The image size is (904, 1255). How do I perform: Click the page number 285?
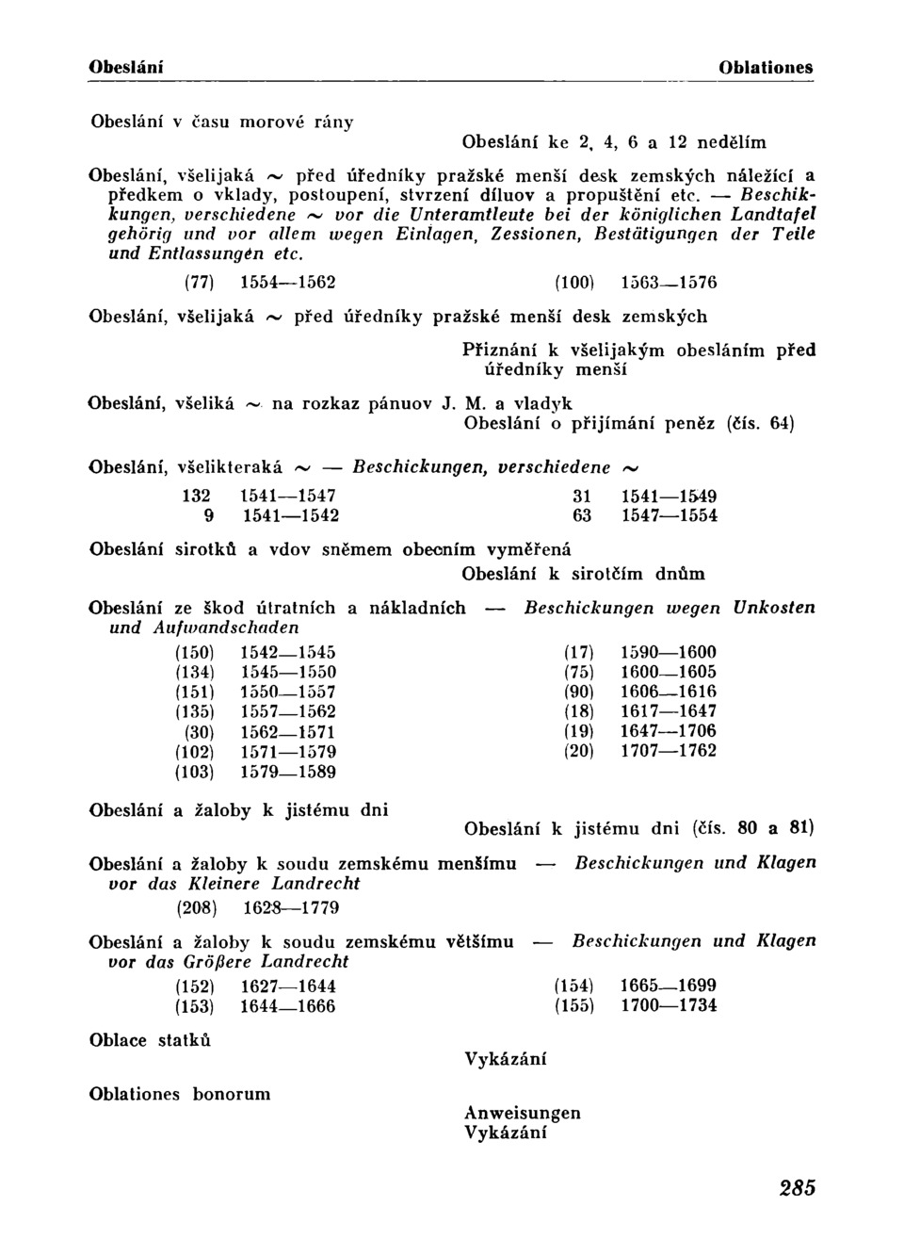pos(797,1188)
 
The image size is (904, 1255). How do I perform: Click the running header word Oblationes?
pos(766,68)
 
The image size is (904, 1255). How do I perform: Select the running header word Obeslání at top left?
pos(126,68)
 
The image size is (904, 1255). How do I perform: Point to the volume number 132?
pos(197,496)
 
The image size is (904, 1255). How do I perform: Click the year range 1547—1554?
pos(670,515)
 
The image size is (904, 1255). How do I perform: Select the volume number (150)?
pos(196,652)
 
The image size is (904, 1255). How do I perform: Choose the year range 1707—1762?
pos(669,751)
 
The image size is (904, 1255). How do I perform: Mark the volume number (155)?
pos(574,1005)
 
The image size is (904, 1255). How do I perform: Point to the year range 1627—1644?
pos(288,986)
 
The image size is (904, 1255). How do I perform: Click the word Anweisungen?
pos(523,1113)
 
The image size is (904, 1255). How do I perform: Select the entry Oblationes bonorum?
pos(180,1094)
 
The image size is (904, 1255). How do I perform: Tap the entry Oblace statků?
pos(151,1040)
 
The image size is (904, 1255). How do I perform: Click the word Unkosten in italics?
pos(775,608)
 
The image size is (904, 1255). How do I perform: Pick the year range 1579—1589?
pos(288,772)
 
